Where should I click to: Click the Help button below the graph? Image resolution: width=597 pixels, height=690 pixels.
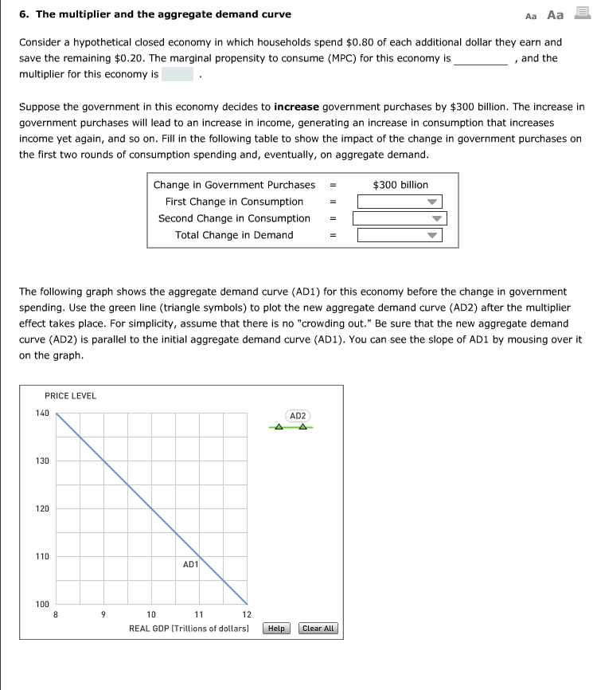click(276, 629)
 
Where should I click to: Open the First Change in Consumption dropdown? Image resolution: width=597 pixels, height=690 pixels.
click(400, 202)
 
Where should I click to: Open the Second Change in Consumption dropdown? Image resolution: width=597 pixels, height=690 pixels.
click(400, 218)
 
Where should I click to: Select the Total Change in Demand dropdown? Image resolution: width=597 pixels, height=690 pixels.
click(400, 235)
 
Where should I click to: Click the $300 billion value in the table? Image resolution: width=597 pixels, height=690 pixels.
click(400, 185)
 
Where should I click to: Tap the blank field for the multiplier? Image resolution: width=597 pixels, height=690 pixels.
click(178, 74)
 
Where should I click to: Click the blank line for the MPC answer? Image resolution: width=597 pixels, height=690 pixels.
click(481, 59)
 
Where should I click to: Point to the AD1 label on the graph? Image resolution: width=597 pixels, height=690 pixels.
click(190, 564)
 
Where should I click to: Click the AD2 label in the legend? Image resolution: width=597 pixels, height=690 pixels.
click(298, 416)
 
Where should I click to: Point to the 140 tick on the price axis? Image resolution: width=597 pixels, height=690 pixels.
click(42, 413)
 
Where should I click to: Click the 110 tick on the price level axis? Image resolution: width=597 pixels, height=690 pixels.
click(42, 556)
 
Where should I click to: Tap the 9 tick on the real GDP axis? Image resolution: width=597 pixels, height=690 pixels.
click(103, 614)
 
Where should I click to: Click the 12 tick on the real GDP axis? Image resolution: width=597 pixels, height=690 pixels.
click(247, 614)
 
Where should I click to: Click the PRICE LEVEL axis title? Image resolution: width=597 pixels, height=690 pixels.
click(70, 396)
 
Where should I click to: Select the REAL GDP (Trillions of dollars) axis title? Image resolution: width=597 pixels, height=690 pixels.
click(189, 629)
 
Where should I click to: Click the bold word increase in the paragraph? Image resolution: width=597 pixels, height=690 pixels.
click(296, 106)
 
